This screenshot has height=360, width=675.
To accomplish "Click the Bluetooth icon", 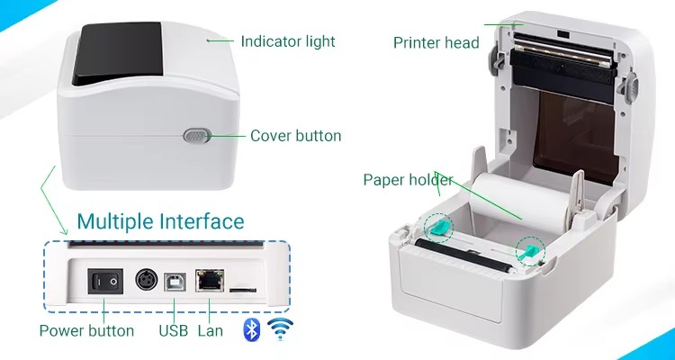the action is coord(252,329).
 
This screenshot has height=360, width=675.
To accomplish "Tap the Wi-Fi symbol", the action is coord(280,329).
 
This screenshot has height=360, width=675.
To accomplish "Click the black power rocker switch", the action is coord(105,282).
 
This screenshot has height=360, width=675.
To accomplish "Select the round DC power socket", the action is coord(147,280).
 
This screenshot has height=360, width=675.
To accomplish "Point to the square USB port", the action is coord(175,282).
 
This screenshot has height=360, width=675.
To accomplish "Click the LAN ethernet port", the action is coord(210,280).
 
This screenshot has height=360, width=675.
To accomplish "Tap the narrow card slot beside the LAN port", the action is coord(243,290).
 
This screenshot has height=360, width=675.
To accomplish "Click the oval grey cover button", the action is coord(197,136).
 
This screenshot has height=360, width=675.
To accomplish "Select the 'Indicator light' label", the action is coord(288,41).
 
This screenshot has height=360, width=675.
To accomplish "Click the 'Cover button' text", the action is coord(296,136).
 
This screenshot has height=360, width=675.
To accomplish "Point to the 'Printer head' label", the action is coord(436,42).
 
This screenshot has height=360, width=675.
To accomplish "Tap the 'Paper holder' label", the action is coord(408,180).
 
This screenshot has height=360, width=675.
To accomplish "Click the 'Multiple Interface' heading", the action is coord(160,221).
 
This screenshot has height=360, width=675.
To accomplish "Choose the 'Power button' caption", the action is coord(86,330).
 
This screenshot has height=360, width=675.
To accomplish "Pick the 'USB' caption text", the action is coord(174,330).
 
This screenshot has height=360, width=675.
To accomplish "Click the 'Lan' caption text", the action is coord(211,330).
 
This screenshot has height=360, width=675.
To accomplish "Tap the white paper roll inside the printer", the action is coord(521,202).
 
